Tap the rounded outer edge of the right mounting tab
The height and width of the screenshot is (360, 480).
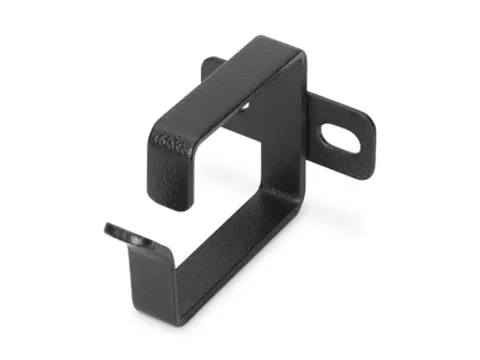point(371,139)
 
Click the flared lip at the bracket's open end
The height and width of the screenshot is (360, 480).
point(130,235)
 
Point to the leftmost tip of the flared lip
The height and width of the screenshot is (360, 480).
point(106,228)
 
